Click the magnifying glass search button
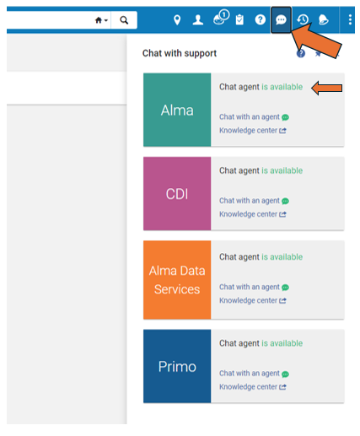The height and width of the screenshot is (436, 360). tap(124, 20)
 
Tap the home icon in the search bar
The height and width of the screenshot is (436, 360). tap(99, 20)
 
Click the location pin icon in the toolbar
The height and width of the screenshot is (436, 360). tap(177, 20)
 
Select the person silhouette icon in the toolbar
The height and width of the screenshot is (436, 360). tap(198, 20)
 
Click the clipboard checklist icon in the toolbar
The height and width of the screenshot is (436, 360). tap(239, 20)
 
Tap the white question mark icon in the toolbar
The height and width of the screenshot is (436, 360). tap(261, 20)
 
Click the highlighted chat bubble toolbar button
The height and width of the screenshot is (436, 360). tap(281, 20)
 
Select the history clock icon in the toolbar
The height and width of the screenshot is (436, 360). tap(303, 20)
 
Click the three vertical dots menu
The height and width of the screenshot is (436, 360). tap(350, 20)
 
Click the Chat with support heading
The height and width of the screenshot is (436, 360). tap(180, 53)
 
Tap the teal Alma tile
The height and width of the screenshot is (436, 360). tap(177, 110)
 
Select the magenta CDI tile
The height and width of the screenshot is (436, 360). tap(177, 194)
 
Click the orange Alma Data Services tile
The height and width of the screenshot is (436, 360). tap(177, 280)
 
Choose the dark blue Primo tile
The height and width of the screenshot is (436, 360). tap(177, 366)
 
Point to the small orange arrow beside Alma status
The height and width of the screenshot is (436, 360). tap(327, 88)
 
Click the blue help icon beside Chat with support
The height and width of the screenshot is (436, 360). tap(301, 53)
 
